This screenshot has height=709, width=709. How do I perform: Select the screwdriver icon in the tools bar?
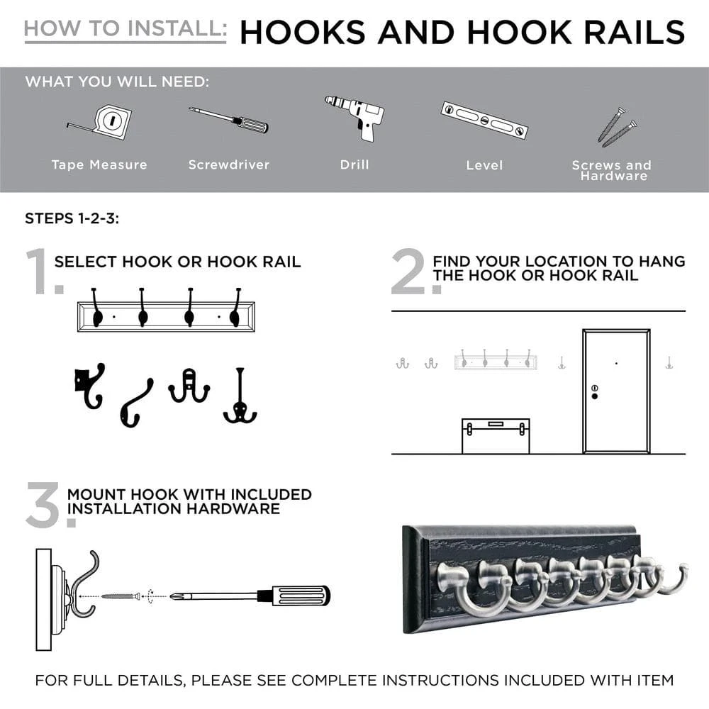(228, 120)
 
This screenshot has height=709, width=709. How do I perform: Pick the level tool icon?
(484, 120)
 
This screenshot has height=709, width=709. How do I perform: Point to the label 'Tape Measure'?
(99, 164)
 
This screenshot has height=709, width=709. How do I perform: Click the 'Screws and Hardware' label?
(611, 170)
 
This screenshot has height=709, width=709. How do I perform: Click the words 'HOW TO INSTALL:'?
(125, 29)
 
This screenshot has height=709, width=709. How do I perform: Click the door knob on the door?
(594, 396)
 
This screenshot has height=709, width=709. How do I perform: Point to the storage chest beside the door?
(496, 435)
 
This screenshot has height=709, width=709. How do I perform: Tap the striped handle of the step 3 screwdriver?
(302, 596)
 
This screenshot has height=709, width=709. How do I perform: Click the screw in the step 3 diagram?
(122, 596)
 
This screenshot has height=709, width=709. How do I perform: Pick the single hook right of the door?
(669, 363)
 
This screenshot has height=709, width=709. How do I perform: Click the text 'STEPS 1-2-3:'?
(72, 218)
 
